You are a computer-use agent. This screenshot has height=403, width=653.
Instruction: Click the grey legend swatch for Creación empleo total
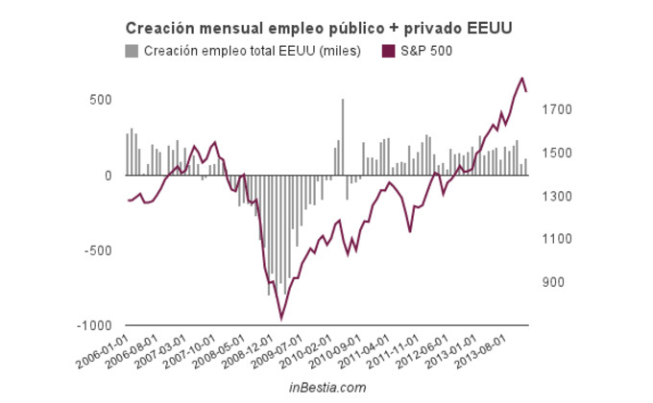coord(132,51)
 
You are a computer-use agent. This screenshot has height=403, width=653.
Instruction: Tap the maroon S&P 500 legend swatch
coord(388,51)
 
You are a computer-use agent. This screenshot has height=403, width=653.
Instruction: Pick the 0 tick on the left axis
coord(109,176)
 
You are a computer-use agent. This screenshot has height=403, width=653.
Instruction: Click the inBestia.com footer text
coord(327,387)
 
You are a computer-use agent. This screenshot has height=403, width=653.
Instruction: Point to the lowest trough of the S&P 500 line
coord(281,318)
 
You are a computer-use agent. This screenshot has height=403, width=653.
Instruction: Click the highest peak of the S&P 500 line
coord(522,79)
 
